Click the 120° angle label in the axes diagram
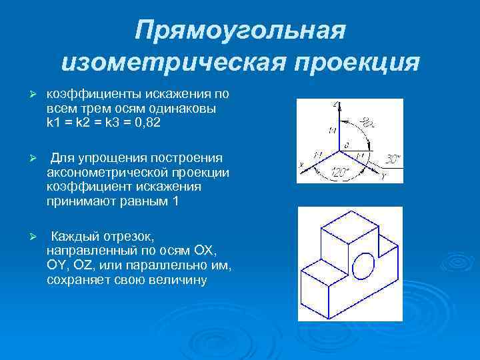(340, 173)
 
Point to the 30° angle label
(393, 159)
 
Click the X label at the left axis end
(301, 164)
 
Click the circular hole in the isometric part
(363, 265)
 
